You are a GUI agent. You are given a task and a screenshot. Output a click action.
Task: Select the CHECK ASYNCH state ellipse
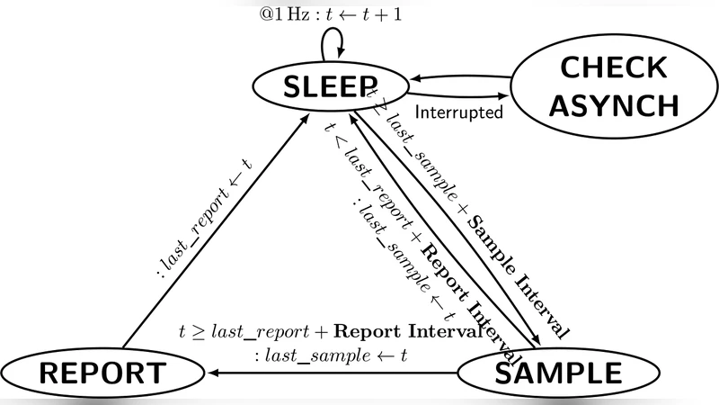[x=614, y=87]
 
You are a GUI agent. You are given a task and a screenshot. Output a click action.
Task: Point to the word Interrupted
[x=458, y=114]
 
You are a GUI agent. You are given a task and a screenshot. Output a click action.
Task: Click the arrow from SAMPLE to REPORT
[x=342, y=372]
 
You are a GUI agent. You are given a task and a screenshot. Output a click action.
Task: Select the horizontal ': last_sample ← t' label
[x=331, y=355]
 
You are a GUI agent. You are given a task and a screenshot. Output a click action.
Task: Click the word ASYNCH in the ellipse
[x=614, y=105]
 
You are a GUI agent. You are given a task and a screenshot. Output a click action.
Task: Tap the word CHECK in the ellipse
[x=614, y=67]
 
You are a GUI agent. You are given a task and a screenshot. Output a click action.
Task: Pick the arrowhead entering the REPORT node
[x=213, y=372]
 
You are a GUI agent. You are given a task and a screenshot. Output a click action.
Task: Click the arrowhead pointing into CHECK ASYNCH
[x=504, y=95]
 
